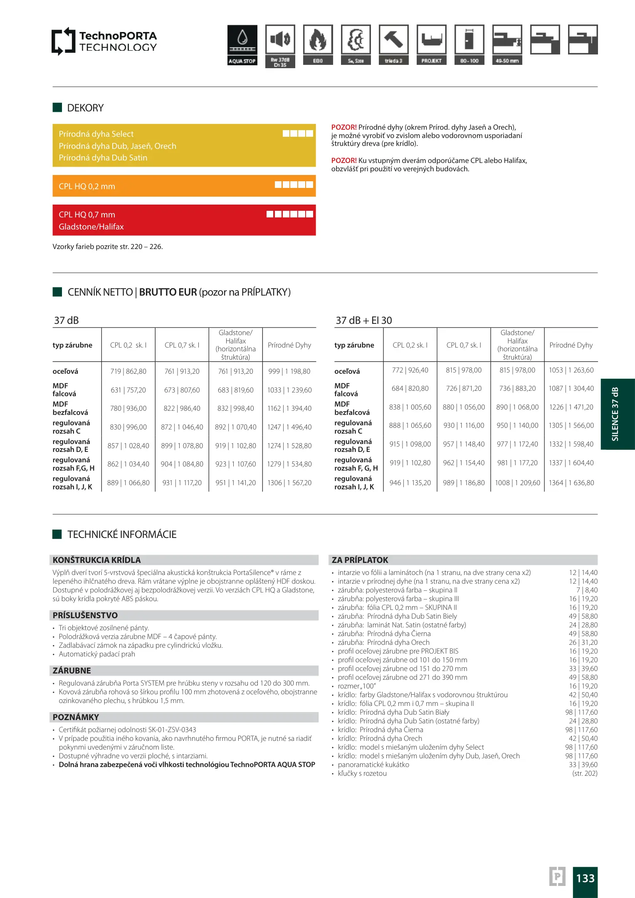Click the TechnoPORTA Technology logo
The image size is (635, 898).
coord(104,41)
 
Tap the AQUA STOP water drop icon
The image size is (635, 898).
coord(242,39)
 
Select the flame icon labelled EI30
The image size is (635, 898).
coord(318,40)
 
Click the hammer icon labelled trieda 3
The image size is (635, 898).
coord(393,40)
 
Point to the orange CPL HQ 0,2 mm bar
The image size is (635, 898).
coord(184,186)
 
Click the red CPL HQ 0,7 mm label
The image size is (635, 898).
coord(87,215)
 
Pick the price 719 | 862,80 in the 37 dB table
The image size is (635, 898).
coord(128,371)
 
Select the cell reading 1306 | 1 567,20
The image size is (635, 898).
coord(289,483)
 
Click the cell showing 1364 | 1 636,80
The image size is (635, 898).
coord(571,483)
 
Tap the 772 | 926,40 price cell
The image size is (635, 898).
coord(410,370)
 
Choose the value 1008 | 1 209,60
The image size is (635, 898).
coord(517,483)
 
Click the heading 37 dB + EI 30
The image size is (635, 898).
coord(364,321)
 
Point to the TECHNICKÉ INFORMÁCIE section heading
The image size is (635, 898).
coord(122,534)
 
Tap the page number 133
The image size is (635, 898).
coord(585,878)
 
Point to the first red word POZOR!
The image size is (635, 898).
coord(344,127)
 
